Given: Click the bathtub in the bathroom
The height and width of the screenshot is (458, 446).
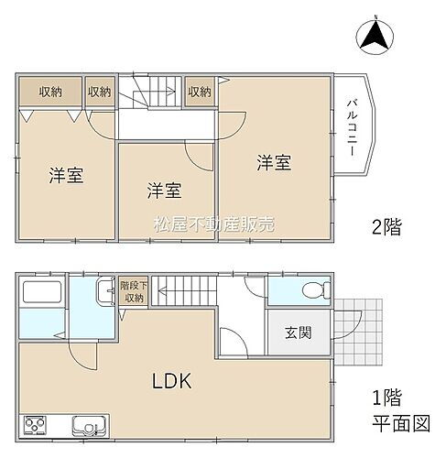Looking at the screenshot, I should click(39, 297).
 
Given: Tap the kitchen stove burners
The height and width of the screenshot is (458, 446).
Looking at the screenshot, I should click(37, 426).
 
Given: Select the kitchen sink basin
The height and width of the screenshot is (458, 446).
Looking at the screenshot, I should click(90, 427).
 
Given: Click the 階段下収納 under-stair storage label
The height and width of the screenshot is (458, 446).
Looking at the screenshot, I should click(133, 291).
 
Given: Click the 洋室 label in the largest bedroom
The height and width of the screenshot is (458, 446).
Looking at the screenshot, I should click(273, 163).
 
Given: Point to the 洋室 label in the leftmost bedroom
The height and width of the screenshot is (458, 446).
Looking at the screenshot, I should click(66, 175).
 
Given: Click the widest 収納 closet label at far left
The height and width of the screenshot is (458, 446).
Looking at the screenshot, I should click(50, 91).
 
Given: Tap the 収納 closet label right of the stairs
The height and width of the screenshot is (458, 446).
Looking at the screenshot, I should click(200, 91).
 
